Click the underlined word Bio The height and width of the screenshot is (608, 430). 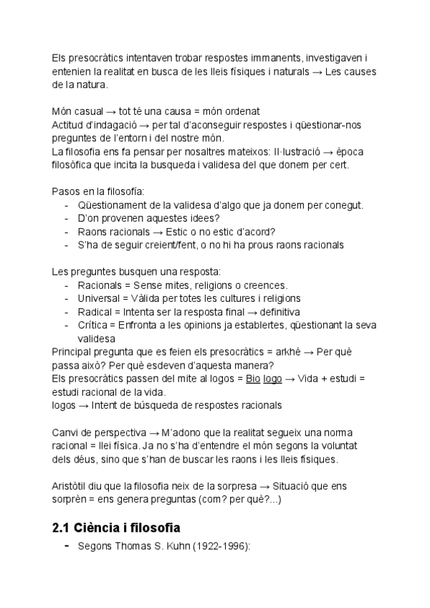tap(252, 378)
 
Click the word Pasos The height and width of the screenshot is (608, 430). tap(67, 191)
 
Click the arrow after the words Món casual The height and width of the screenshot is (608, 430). tap(105, 111)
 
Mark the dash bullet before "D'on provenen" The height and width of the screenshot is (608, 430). tap(67, 218)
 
